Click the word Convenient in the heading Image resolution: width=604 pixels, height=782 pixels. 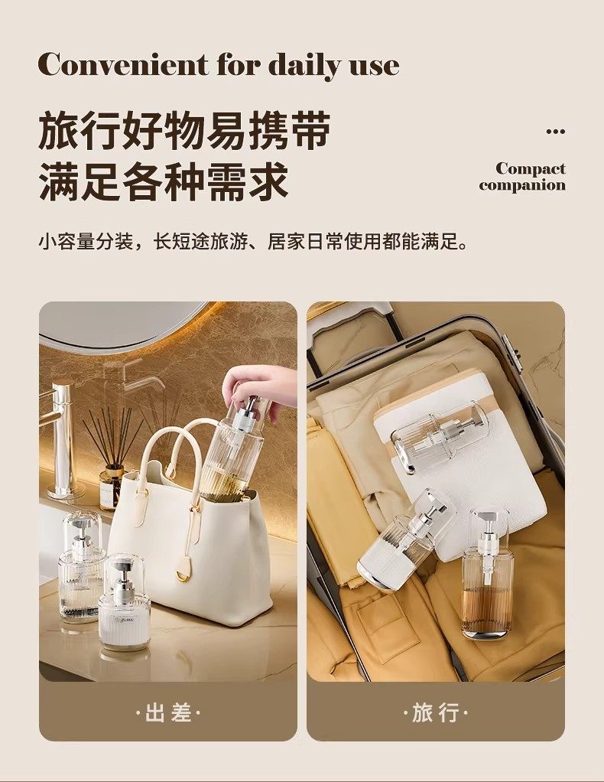pyautogui.click(x=123, y=64)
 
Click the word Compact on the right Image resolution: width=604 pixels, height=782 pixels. pyautogui.click(x=531, y=169)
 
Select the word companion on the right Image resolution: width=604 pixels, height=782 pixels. pyautogui.click(x=522, y=185)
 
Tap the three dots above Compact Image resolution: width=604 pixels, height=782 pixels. pyautogui.click(x=556, y=132)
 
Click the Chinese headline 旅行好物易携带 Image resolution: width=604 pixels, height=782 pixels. pyautogui.click(x=185, y=132)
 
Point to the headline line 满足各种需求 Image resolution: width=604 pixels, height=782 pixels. pyautogui.click(x=164, y=180)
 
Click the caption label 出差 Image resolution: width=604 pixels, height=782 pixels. pyautogui.click(x=168, y=712)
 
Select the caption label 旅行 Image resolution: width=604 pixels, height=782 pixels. pyautogui.click(x=436, y=712)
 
